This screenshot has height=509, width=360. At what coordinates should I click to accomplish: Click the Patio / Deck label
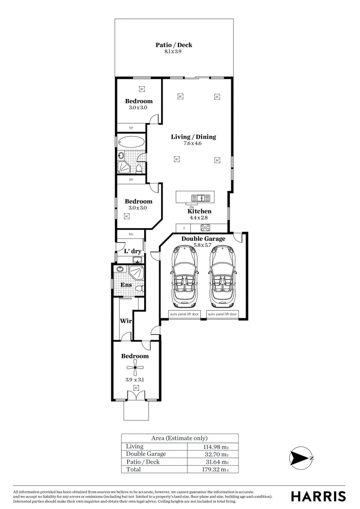click(x=174, y=45)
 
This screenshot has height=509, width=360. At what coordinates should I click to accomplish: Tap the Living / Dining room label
click(x=193, y=137)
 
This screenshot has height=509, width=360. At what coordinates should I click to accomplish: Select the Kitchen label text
click(x=199, y=212)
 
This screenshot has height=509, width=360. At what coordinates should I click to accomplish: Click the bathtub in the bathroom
click(x=131, y=142)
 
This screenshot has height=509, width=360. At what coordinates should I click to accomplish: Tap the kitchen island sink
click(x=199, y=198)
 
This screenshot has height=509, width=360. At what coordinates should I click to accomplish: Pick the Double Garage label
click(x=203, y=239)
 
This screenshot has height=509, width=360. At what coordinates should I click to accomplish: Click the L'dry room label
click(x=132, y=251)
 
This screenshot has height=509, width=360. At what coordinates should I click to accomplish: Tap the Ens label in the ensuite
click(x=126, y=285)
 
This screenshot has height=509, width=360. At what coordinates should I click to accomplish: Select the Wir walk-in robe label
click(x=125, y=321)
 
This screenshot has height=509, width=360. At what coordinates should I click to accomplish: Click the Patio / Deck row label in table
click(x=143, y=462)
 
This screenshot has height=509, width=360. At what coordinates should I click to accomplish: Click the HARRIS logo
click(x=318, y=496)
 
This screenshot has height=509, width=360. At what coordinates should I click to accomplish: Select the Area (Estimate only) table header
click(x=179, y=438)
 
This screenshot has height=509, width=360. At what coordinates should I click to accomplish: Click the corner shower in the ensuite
click(x=138, y=272)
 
